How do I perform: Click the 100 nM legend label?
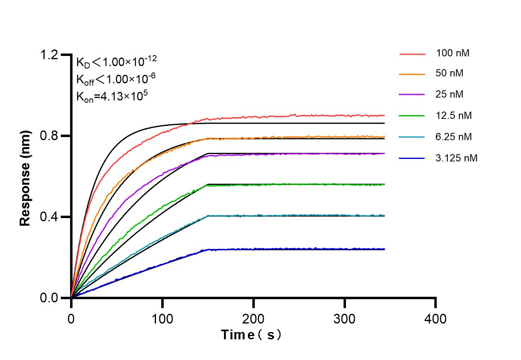click(x=453, y=53)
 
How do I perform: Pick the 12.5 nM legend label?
click(x=454, y=116)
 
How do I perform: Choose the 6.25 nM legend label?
click(x=454, y=137)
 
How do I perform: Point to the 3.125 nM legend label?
click(x=457, y=158)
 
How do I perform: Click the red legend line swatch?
click(x=412, y=53)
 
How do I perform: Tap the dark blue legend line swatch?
click(x=412, y=159)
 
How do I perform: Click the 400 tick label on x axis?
click(x=436, y=319)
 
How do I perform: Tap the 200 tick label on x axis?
click(x=254, y=319)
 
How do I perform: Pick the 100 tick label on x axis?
click(x=162, y=319)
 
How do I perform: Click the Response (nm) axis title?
click(x=26, y=178)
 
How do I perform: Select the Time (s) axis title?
click(x=251, y=335)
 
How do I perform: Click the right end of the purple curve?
click(x=384, y=154)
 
